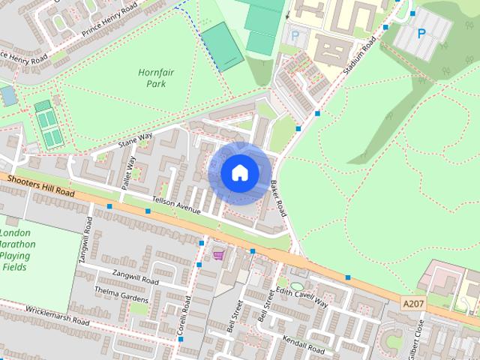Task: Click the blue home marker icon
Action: pos(239,172)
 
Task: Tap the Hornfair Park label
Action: pos(157,78)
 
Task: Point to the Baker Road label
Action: pos(278,199)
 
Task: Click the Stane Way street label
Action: pos(135,139)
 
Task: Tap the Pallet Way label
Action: pos(128,172)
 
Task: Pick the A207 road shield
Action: pos(412,303)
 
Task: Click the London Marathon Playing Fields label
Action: pos(16,249)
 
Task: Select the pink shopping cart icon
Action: pos(218,255)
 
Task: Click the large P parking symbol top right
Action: pos(421,33)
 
